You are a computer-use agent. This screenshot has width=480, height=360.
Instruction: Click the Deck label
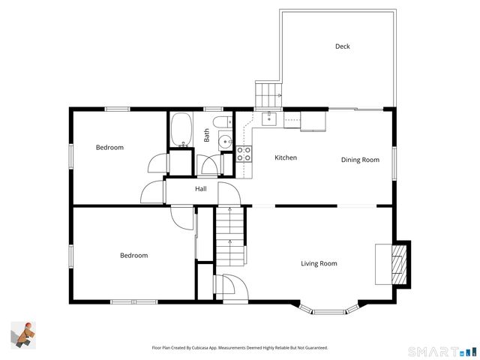click(x=342, y=46)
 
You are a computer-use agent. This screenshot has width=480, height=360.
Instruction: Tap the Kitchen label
click(x=285, y=157)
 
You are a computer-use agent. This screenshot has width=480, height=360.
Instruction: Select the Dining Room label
click(x=360, y=160)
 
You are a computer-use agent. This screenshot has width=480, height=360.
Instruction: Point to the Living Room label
click(x=319, y=263)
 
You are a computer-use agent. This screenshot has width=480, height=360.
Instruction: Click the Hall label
click(x=201, y=189)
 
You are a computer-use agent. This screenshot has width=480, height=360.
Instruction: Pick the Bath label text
click(x=206, y=136)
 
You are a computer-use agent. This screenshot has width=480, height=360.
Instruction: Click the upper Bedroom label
click(x=109, y=147)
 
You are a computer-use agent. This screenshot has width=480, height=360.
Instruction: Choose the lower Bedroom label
click(x=133, y=256)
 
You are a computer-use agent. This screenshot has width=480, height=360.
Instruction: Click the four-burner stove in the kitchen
click(x=244, y=154)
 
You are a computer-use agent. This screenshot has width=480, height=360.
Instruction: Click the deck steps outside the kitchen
click(x=268, y=95)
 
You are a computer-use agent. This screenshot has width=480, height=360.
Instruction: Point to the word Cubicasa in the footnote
click(x=197, y=348)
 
